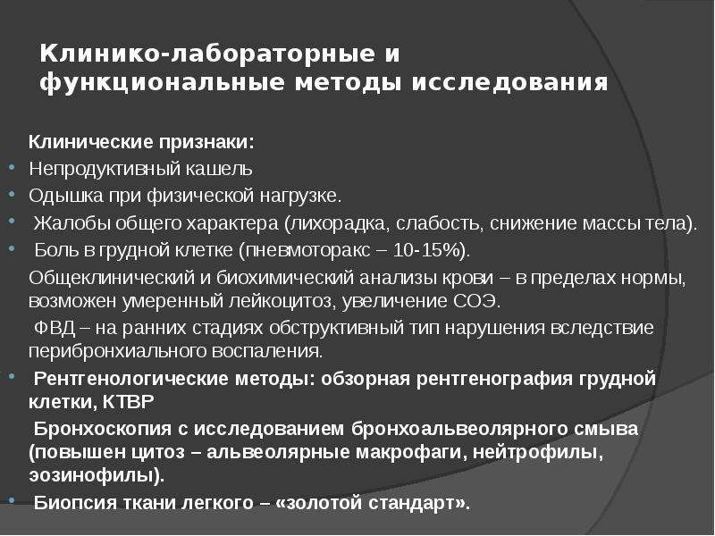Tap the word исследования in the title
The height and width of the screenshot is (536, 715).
point(509,83)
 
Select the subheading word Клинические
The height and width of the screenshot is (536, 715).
point(91,142)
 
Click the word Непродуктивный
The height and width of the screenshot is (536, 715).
point(104,169)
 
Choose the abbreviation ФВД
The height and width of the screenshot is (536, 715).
point(55,328)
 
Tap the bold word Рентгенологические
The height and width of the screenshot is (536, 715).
point(130,379)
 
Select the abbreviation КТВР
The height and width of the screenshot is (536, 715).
point(128,402)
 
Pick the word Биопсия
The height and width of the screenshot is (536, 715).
point(73,502)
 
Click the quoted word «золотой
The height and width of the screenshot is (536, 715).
point(319,503)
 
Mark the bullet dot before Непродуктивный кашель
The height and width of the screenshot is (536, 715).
point(13,167)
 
